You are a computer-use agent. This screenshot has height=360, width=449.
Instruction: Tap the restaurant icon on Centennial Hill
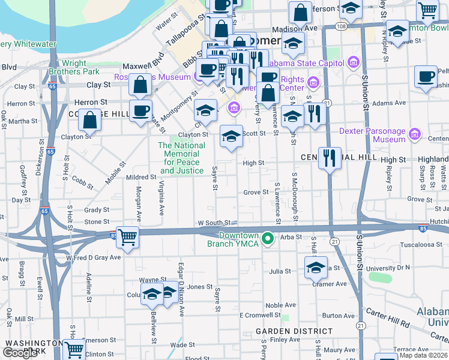click(x=329, y=158)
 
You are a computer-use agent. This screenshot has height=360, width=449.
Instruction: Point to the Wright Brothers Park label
click(x=82, y=67)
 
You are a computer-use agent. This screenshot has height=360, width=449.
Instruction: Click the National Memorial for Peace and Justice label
click(x=181, y=158)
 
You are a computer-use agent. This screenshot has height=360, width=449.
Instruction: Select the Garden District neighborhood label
click(x=294, y=331)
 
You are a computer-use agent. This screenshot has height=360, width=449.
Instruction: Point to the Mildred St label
click(x=141, y=178)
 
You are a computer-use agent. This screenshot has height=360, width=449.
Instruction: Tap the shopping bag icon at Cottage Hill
click(x=89, y=120)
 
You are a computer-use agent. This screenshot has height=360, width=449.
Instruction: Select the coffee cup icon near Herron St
click(x=141, y=111)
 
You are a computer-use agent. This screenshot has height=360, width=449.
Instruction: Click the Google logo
click(x=20, y=353)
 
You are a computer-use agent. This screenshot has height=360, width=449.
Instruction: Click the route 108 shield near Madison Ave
click(x=341, y=26)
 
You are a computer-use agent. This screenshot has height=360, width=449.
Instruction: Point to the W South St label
click(x=214, y=223)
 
